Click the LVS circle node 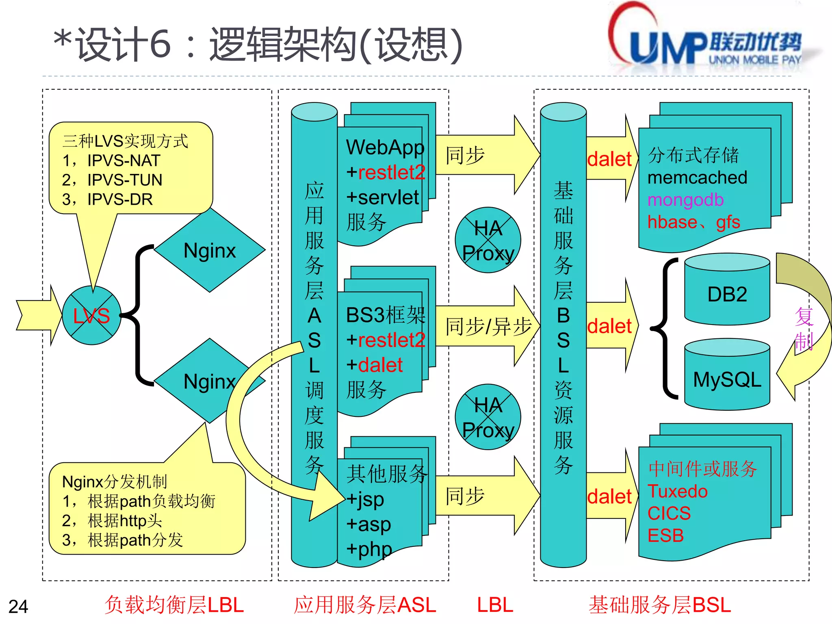[x=92, y=316]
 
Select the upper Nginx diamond [x=210, y=250]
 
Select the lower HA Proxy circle [x=488, y=417]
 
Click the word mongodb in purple [x=685, y=200]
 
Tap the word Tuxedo [x=677, y=491]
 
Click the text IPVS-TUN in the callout [x=125, y=180]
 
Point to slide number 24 [x=18, y=607]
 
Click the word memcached [x=697, y=178]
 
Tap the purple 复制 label [x=804, y=329]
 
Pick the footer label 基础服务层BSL [x=660, y=604]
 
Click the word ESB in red [x=665, y=535]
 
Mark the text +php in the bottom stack [x=368, y=549]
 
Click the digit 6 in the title [x=160, y=44]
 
